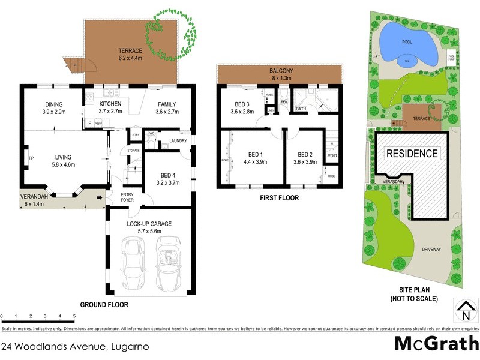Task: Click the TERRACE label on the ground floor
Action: [130, 51]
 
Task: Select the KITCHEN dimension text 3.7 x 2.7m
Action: [110, 112]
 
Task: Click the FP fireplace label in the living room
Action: [31, 158]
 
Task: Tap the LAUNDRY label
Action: [178, 141]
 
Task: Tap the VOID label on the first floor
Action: [332, 156]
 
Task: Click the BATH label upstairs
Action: [301, 109]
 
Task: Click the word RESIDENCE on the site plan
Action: [411, 154]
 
